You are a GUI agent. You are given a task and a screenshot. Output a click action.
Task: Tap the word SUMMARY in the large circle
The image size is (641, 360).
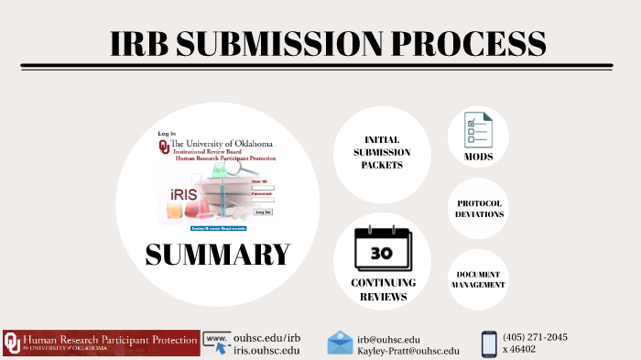click(217, 254)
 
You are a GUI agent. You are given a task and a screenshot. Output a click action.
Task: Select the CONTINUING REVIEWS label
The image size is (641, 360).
click(383, 289)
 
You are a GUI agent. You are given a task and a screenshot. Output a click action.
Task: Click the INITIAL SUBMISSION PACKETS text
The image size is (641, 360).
click(381, 152)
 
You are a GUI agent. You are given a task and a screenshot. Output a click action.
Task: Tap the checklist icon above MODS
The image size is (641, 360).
click(477, 131)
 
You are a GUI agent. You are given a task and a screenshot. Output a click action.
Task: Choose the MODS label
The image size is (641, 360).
click(478, 157)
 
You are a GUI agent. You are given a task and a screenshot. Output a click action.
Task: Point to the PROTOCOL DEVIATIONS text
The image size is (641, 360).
click(479, 209)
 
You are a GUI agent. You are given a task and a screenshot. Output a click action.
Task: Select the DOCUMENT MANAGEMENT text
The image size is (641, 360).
click(478, 279)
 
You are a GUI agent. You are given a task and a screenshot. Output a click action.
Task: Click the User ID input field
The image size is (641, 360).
click(263, 187)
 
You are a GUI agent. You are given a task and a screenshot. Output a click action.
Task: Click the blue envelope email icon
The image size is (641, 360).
click(340, 343)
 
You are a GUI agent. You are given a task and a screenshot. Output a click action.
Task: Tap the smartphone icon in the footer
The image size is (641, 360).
click(489, 344)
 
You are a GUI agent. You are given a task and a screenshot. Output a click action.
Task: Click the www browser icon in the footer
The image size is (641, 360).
click(216, 343)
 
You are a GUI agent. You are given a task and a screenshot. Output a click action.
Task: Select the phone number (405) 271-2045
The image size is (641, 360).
click(535, 336)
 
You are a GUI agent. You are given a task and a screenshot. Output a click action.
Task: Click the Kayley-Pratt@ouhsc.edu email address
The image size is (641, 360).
click(408, 351)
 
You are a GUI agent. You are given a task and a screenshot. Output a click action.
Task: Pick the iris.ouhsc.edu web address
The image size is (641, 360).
click(266, 350)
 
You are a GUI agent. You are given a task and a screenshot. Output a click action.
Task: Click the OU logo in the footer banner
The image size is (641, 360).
click(12, 343)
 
